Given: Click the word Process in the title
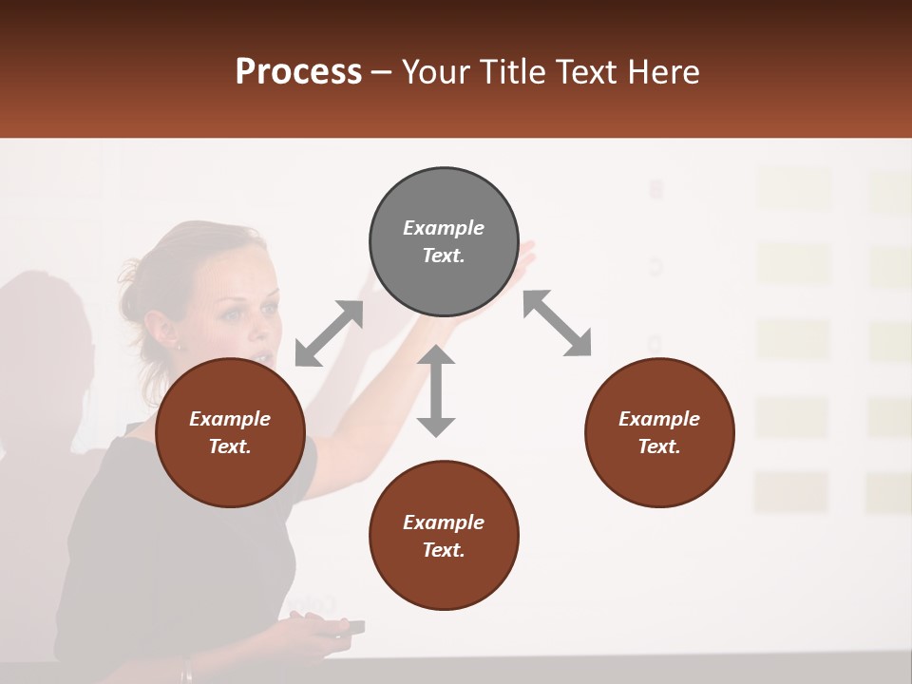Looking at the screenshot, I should pos(298,72).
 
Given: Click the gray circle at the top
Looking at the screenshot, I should pos(444,241).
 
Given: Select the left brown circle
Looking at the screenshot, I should pos(230,432).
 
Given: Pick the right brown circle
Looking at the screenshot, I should pos(659,432).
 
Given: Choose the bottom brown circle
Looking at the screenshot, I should pos(444,535).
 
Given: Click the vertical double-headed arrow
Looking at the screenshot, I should pos(436,390).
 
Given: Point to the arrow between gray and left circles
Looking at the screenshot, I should pos(329,333).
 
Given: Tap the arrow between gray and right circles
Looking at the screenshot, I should pos(558,323).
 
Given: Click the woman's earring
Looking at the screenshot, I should pos(178,346).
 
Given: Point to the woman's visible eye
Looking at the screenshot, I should pos(233,314).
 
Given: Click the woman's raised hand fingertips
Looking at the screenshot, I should pos(525,253).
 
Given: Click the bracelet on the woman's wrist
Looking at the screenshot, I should pos(187,673).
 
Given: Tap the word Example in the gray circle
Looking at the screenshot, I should pos(444,228).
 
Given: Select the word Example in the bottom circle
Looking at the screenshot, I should pos(444,522).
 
